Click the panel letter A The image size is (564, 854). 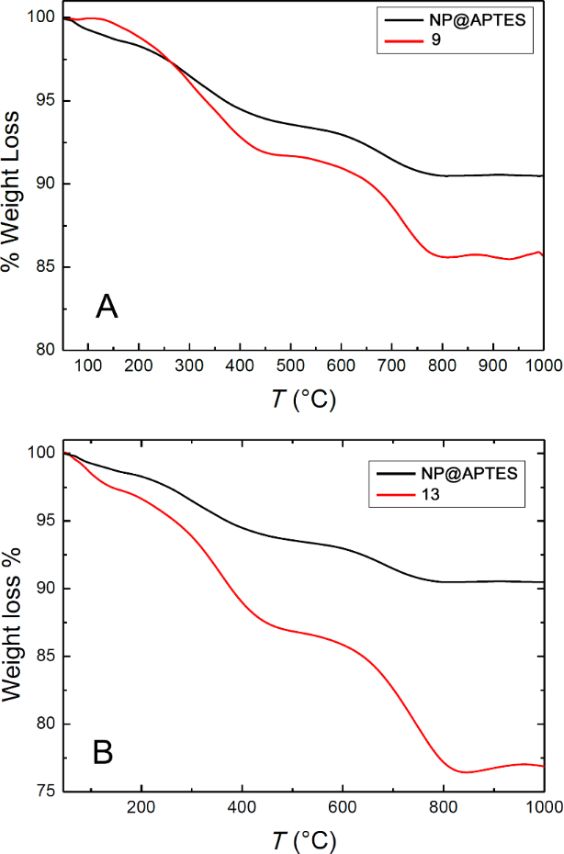[x=107, y=308]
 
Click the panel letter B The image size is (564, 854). [x=104, y=752]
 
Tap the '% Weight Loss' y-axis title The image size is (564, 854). [x=11, y=184]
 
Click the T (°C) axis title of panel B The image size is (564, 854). [x=303, y=840]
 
